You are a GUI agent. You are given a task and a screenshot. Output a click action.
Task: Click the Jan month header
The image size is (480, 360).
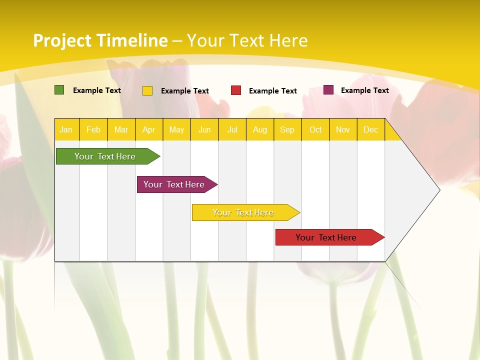[66, 130]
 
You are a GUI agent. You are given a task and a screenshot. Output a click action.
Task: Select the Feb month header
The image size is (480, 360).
[93, 130]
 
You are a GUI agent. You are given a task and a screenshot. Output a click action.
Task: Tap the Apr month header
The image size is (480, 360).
[148, 130]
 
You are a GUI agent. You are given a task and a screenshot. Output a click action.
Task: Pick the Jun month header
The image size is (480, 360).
[204, 130]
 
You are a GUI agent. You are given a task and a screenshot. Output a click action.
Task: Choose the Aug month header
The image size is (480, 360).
[259, 130]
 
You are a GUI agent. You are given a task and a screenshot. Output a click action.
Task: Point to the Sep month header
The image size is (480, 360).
[287, 130]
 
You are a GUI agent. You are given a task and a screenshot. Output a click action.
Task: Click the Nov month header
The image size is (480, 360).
[343, 130]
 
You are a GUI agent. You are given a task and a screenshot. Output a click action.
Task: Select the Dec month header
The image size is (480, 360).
[370, 130]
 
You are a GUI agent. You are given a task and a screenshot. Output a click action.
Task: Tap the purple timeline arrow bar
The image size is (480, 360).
[175, 184]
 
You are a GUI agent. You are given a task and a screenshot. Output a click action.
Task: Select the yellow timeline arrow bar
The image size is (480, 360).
[244, 212]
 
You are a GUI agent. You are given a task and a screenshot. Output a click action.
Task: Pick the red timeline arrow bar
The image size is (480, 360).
[327, 237]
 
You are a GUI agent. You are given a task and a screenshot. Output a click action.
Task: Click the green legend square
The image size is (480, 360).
[59, 90]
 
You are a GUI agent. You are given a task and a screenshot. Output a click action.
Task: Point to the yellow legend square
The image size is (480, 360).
[147, 90]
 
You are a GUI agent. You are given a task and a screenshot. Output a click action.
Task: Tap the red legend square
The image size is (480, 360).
[236, 90]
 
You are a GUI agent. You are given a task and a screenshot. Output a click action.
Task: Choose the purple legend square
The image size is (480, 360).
[328, 90]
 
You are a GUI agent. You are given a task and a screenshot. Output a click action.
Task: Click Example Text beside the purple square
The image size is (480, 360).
[364, 90]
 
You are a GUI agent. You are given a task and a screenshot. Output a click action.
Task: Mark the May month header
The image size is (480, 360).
[176, 130]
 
